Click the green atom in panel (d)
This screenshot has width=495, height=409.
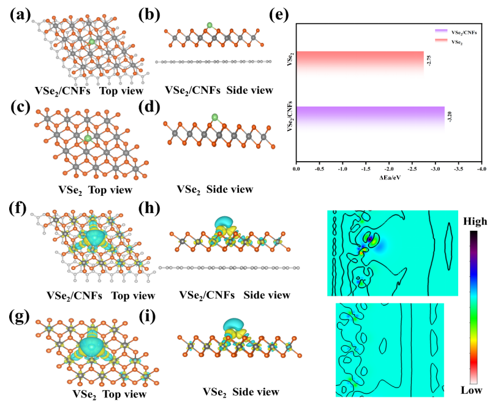point(215,117)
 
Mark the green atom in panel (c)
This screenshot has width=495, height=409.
point(88,140)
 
